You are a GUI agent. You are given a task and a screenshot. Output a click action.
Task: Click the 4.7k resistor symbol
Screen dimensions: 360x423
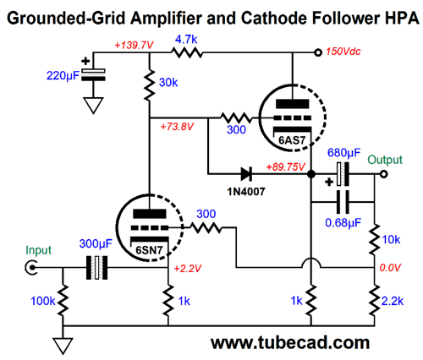(188, 52)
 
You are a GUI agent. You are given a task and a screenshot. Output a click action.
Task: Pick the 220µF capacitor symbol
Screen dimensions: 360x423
(96, 74)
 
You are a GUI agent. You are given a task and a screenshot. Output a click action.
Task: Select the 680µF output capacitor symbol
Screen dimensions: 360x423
(341, 176)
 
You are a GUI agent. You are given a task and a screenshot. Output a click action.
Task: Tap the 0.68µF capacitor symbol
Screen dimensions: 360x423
(341, 203)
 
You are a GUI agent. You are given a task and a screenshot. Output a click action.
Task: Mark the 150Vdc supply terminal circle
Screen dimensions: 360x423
(317, 52)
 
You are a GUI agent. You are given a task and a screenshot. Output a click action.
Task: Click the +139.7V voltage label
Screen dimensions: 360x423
(126, 44)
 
